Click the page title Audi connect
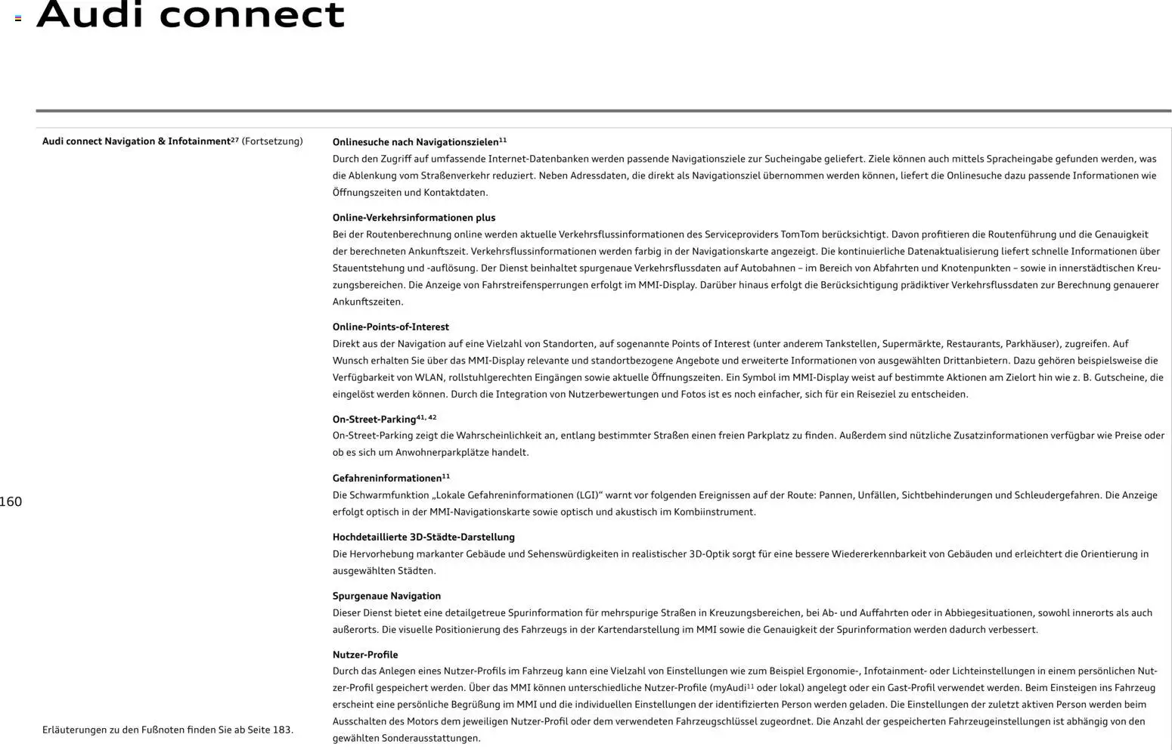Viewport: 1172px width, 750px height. coord(190,15)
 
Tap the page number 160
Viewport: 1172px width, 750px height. coord(11,502)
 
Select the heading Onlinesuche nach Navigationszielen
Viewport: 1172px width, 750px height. coord(415,142)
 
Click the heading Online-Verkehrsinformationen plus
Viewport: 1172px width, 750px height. coord(414,218)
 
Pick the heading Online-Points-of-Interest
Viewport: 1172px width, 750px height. coord(390,327)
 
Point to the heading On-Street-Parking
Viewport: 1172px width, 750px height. coord(374,420)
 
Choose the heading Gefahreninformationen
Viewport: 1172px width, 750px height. coord(386,479)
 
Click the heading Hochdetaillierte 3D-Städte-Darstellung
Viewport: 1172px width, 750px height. coord(423,538)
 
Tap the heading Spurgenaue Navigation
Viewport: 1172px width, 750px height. coord(386,597)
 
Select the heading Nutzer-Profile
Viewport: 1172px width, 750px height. coord(364,655)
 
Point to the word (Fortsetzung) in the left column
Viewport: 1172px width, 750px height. coord(272,141)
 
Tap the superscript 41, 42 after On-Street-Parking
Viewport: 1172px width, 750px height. coord(426,417)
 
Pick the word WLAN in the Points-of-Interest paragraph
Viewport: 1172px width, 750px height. coord(429,378)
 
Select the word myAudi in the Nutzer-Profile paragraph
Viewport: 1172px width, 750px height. coord(730,688)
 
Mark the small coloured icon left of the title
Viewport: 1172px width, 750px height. coord(18,18)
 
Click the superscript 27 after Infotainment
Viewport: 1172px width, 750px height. coord(234,139)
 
